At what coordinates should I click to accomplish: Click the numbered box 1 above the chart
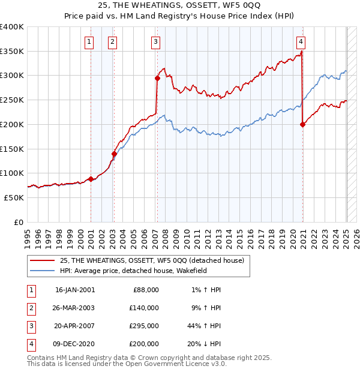pyautogui.click(x=89, y=41)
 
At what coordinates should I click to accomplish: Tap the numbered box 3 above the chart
pyautogui.click(x=155, y=41)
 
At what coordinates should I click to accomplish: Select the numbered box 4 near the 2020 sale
pyautogui.click(x=301, y=41)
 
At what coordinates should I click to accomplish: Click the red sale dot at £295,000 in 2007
pyautogui.click(x=157, y=77)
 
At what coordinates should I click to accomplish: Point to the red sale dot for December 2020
pyautogui.click(x=302, y=124)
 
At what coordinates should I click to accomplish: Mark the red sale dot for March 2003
pyautogui.click(x=114, y=154)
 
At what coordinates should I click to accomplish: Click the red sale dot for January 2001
pyautogui.click(x=91, y=179)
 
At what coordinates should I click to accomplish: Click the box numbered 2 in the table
pyautogui.click(x=29, y=308)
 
